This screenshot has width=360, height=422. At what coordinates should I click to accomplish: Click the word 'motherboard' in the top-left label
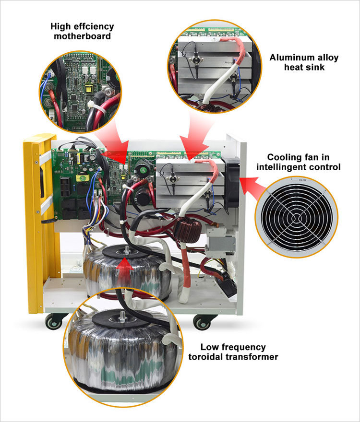[82, 36]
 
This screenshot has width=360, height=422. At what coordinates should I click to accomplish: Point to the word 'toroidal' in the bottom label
[206, 357]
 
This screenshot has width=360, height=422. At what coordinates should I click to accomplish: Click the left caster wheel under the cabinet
[53, 322]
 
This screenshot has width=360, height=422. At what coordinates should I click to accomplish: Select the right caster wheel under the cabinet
[202, 322]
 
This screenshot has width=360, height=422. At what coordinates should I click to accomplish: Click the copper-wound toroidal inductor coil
[188, 230]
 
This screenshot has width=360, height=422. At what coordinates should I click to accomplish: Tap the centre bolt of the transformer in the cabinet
[126, 250]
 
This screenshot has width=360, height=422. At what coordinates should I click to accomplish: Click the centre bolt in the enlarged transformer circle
[122, 315]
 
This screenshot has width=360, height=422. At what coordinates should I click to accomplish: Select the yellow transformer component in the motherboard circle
[89, 89]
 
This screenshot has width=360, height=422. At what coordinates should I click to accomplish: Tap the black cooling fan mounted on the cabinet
[231, 183]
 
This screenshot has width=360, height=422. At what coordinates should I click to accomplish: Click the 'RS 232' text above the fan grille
[300, 180]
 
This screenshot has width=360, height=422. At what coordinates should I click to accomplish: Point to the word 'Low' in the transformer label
[209, 347]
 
